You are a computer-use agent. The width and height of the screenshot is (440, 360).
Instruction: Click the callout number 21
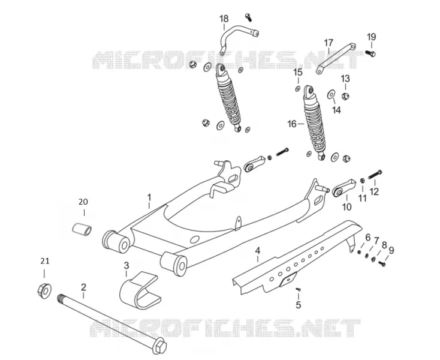tap(45, 261)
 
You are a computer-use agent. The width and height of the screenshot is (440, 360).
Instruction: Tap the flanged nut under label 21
tap(44, 291)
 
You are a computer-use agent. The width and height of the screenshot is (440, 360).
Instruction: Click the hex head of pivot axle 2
tap(159, 346)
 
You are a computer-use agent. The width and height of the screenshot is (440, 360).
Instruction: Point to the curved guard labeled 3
tap(140, 290)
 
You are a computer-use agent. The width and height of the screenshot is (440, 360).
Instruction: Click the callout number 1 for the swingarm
tap(149, 197)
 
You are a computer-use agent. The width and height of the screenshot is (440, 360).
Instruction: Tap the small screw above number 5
tap(299, 289)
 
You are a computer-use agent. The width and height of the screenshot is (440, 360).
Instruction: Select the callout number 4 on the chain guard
tap(258, 250)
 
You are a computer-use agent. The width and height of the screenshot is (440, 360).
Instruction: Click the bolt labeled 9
tap(382, 263)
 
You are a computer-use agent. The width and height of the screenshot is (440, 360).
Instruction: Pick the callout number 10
tap(347, 207)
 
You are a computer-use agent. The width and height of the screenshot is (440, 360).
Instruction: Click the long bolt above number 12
tap(375, 175)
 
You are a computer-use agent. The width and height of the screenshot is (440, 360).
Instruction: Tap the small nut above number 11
tap(362, 180)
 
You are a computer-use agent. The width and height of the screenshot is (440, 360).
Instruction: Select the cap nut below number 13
tap(345, 97)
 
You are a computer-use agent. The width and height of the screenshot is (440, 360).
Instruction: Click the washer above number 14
tap(331, 94)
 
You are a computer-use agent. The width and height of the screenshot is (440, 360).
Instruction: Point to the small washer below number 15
tap(297, 89)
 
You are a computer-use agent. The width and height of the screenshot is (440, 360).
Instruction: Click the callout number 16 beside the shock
tap(292, 124)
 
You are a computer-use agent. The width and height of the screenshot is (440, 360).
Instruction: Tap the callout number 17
tap(329, 43)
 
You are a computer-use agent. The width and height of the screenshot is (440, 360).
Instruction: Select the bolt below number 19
tap(370, 53)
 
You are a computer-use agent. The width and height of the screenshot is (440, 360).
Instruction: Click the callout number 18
tap(224, 19)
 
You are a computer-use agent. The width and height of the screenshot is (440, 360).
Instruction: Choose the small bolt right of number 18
tap(248, 17)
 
